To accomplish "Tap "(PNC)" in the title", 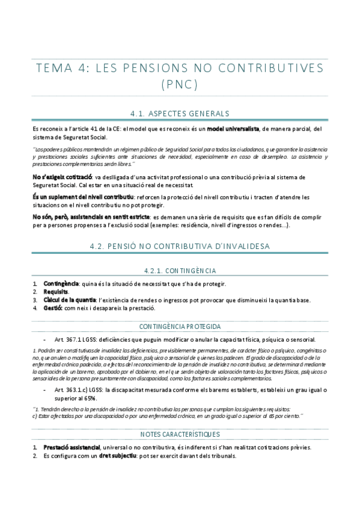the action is [x=179, y=84].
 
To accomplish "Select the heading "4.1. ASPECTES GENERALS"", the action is [x=180, y=113].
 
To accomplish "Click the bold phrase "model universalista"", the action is [x=233, y=129].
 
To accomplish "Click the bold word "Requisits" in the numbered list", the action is [x=56, y=292].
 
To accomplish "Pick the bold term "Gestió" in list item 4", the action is [x=53, y=308].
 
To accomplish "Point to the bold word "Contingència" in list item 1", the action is [x=61, y=284].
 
